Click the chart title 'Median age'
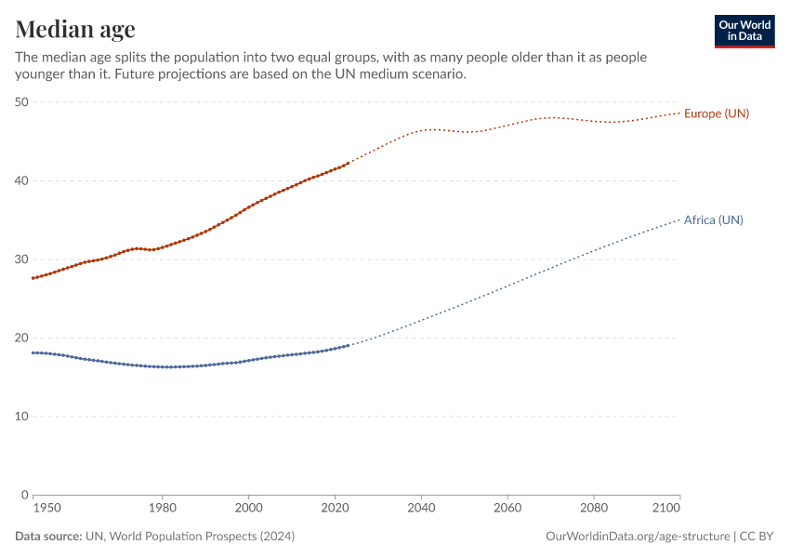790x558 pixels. coord(75,29)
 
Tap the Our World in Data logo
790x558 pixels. coord(744,31)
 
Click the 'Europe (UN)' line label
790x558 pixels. coord(716,113)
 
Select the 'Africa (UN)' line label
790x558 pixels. coord(713,220)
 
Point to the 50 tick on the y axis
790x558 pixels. coord(21,102)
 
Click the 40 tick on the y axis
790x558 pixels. coord(21,180)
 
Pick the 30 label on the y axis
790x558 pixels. coord(21,259)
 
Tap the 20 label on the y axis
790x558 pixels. coord(21,338)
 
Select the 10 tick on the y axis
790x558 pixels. coord(21,416)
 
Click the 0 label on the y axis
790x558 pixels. coord(25,495)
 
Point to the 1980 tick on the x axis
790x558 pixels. coord(163,509)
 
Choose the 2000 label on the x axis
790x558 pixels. coord(248,509)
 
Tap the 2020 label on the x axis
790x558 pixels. coord(335,509)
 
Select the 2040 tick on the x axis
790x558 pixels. coord(421,509)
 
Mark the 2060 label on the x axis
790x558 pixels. coord(507,509)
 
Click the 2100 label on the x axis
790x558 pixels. coord(665,509)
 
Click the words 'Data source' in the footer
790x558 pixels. coord(47,537)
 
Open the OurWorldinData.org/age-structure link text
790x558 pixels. coord(637,537)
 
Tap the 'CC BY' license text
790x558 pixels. coord(757,537)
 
